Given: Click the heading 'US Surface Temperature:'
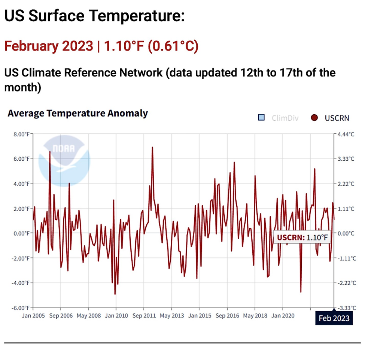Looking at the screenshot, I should (94, 17).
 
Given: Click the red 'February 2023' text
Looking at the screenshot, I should (48, 46).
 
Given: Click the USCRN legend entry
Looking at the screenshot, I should (331, 118).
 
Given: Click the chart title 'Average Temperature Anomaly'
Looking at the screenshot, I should (77, 113).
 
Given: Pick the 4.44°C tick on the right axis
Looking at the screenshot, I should (346, 134).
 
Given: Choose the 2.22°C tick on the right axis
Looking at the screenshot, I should (346, 184).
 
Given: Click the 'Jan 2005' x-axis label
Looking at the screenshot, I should (33, 315).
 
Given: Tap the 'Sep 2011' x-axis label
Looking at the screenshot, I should (144, 315).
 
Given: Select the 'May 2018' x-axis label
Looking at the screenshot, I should (255, 315).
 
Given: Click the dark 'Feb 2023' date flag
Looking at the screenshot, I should (334, 318).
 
